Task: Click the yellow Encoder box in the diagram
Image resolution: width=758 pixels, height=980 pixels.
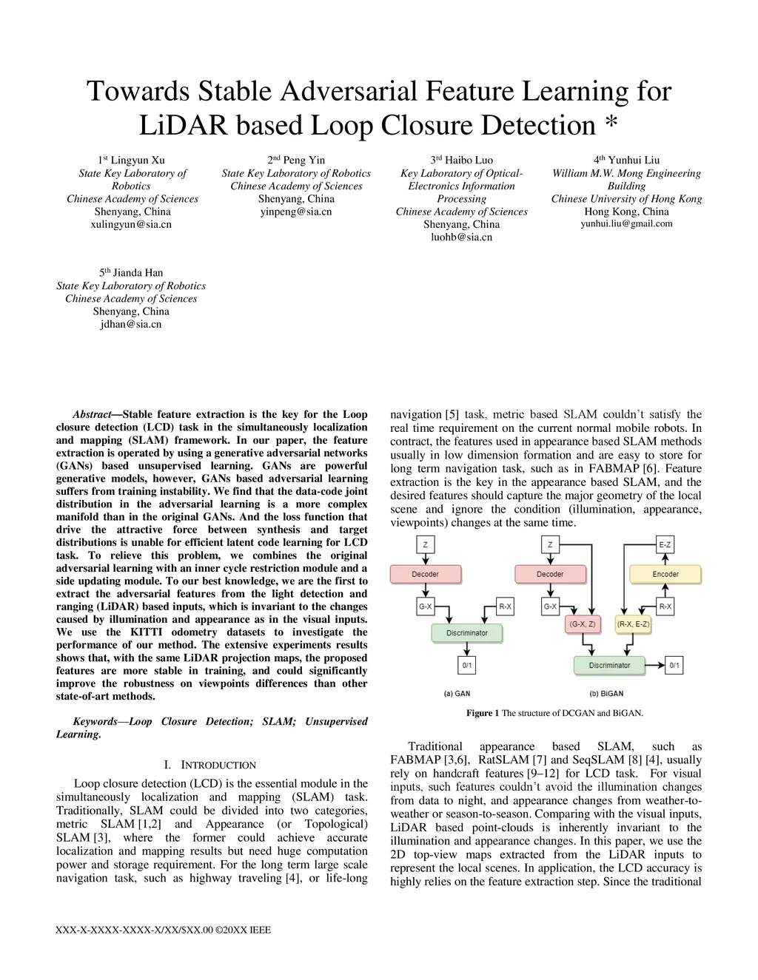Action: tap(665, 574)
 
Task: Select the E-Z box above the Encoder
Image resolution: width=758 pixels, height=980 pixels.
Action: tap(665, 545)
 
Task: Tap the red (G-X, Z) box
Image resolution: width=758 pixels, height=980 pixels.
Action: tap(582, 624)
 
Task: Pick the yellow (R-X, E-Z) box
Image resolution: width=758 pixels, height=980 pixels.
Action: tap(633, 624)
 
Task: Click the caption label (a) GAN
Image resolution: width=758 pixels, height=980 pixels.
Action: tap(457, 694)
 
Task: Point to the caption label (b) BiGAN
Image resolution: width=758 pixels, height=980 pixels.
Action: tap(606, 694)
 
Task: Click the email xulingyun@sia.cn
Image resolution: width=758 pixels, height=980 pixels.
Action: tap(130, 224)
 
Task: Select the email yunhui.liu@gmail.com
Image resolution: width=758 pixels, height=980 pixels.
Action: tap(626, 223)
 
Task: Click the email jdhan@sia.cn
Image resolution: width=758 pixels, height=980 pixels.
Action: tap(130, 324)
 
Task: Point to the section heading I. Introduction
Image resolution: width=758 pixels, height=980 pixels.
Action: tap(209, 765)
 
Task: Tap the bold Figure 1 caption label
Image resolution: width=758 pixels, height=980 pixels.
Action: tap(483, 713)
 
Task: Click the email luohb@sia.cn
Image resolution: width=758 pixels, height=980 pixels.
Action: tap(461, 237)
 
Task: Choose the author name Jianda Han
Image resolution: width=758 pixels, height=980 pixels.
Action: tap(138, 272)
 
